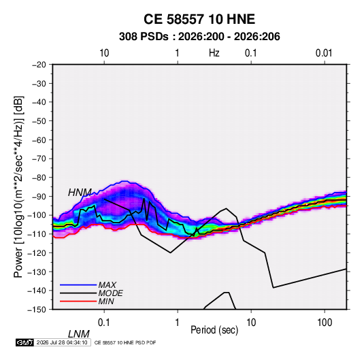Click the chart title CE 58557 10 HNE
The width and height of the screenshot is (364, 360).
pyautogui.click(x=199, y=19)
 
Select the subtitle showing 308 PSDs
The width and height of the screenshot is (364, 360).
pyautogui.click(x=199, y=37)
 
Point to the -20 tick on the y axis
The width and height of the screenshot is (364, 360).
pyautogui.click(x=39, y=65)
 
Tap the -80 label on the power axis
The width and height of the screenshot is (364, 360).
pyautogui.click(x=39, y=178)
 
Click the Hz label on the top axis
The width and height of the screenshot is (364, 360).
pyautogui.click(x=214, y=53)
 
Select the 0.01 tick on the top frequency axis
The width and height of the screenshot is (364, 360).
pyautogui.click(x=324, y=53)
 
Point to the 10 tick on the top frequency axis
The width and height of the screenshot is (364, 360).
pyautogui.click(x=104, y=53)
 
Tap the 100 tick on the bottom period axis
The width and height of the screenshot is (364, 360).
pyautogui.click(x=325, y=323)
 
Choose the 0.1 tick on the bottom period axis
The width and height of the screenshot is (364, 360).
pyautogui.click(x=104, y=323)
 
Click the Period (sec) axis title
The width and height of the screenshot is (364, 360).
pyautogui.click(x=214, y=330)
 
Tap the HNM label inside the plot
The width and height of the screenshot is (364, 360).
pyautogui.click(x=80, y=193)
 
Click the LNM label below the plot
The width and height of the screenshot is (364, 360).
pyautogui.click(x=79, y=334)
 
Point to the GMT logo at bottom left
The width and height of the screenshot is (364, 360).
pyautogui.click(x=25, y=342)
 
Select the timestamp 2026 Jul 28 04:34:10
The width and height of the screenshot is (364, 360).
pyautogui.click(x=62, y=342)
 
